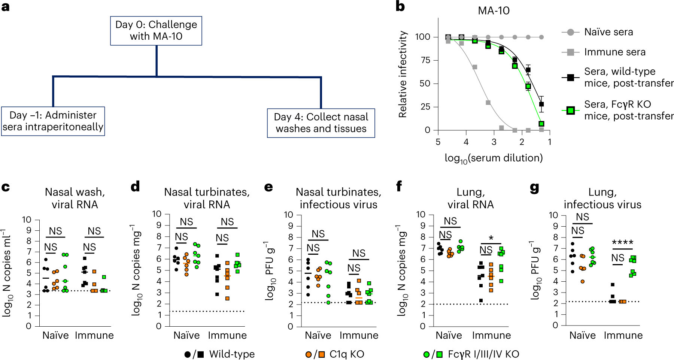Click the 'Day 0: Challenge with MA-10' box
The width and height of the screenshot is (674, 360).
(156, 31)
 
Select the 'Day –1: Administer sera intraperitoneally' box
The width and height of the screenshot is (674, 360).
(53, 121)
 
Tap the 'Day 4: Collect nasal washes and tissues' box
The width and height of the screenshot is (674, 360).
(321, 123)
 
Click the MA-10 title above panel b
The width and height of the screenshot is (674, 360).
(494, 10)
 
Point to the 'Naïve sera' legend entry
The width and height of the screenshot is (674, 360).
(608, 32)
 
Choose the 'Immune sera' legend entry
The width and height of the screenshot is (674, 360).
(615, 52)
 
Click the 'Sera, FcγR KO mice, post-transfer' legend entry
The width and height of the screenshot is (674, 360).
(629, 110)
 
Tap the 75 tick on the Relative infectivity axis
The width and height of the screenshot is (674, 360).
(425, 60)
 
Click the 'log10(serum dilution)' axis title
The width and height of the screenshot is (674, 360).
(494, 158)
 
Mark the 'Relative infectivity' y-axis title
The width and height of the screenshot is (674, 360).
(403, 74)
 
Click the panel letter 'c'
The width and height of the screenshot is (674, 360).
(6, 187)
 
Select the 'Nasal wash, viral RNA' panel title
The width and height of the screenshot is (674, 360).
(75, 198)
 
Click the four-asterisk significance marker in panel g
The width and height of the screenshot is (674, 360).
(623, 242)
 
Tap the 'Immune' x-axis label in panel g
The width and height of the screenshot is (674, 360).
(623, 335)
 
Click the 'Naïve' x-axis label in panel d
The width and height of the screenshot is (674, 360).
(186, 335)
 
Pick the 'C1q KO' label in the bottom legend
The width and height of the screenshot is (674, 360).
(347, 354)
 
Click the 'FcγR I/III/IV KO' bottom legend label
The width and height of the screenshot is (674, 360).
(483, 354)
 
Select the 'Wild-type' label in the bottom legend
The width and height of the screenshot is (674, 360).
(232, 354)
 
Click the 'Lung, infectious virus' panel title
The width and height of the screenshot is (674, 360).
(602, 198)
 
